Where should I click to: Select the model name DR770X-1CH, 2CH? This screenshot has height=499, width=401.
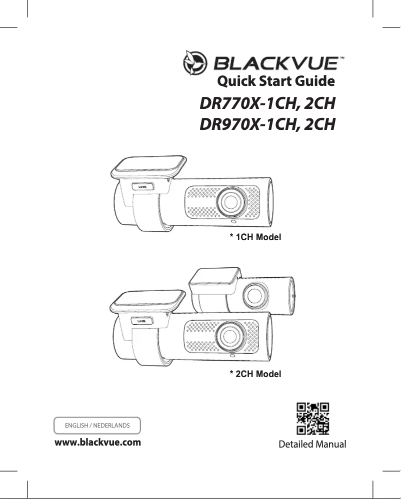[x=266, y=105]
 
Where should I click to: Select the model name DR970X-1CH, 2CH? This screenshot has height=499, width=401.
[x=266, y=125]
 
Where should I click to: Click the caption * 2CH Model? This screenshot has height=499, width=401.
[x=255, y=374]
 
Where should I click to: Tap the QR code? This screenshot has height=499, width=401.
[x=313, y=419]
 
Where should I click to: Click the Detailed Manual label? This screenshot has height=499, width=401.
[x=312, y=444]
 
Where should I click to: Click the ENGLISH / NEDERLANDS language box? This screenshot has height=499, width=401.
[x=97, y=426]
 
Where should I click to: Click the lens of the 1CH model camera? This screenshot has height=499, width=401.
[x=231, y=200]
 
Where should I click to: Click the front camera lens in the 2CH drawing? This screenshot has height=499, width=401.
[x=231, y=335]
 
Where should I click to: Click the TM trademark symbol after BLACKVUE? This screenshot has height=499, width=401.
[x=341, y=58]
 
